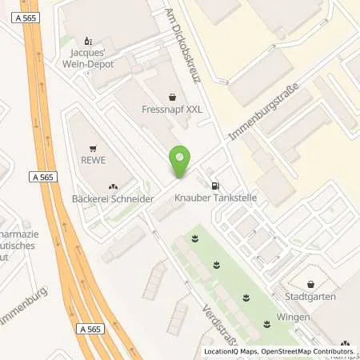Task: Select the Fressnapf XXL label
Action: [x=166, y=110]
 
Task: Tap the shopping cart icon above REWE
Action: [x=94, y=147]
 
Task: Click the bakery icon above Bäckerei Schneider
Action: [x=112, y=183]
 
